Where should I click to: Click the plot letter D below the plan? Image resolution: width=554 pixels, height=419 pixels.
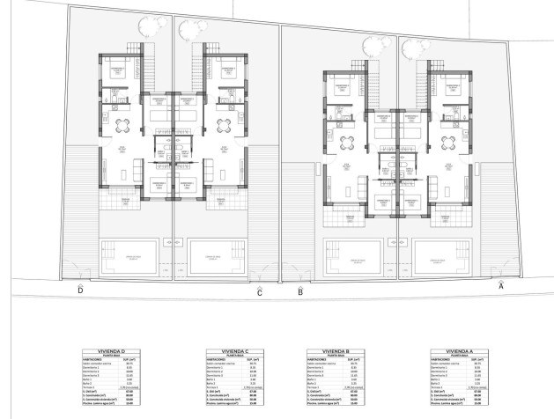80,290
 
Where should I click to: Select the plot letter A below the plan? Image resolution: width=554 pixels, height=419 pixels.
501,285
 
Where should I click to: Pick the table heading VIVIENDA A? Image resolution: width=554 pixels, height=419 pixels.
457,349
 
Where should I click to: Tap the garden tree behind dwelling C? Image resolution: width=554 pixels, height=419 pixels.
188,30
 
